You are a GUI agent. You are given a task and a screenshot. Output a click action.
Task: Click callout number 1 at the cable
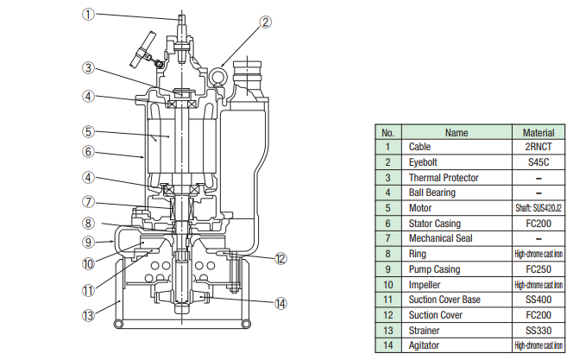(x=88, y=15)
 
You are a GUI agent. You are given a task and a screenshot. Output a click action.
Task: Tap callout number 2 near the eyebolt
(x=266, y=22)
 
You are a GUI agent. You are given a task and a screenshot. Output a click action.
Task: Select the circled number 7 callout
(x=88, y=202)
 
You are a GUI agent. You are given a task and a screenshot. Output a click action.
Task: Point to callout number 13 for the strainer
(x=88, y=315)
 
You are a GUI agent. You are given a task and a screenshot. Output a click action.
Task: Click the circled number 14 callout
(x=280, y=303)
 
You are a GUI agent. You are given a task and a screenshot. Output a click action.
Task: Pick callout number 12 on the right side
(x=280, y=258)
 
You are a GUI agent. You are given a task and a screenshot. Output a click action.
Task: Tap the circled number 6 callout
(x=88, y=151)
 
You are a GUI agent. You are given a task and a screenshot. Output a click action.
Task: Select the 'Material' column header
(x=538, y=132)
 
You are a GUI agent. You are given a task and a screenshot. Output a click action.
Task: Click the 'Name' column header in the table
(x=457, y=132)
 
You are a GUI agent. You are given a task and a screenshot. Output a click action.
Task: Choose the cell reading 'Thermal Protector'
(x=444, y=178)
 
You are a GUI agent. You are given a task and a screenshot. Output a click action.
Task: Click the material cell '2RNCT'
(x=538, y=147)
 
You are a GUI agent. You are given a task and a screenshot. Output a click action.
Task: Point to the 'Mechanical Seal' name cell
(x=440, y=238)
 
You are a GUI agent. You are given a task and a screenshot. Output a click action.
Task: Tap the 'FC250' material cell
(x=538, y=269)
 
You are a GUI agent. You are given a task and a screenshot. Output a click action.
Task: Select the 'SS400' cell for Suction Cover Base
(x=538, y=300)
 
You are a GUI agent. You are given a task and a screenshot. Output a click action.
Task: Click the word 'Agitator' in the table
(x=424, y=345)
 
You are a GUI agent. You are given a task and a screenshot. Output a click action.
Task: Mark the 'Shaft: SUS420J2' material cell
(x=538, y=208)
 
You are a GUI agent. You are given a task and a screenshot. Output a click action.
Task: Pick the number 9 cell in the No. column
(x=388, y=269)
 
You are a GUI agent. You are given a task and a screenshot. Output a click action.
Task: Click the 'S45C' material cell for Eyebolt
(x=538, y=162)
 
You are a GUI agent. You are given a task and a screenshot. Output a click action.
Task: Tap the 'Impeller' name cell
(x=425, y=285)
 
